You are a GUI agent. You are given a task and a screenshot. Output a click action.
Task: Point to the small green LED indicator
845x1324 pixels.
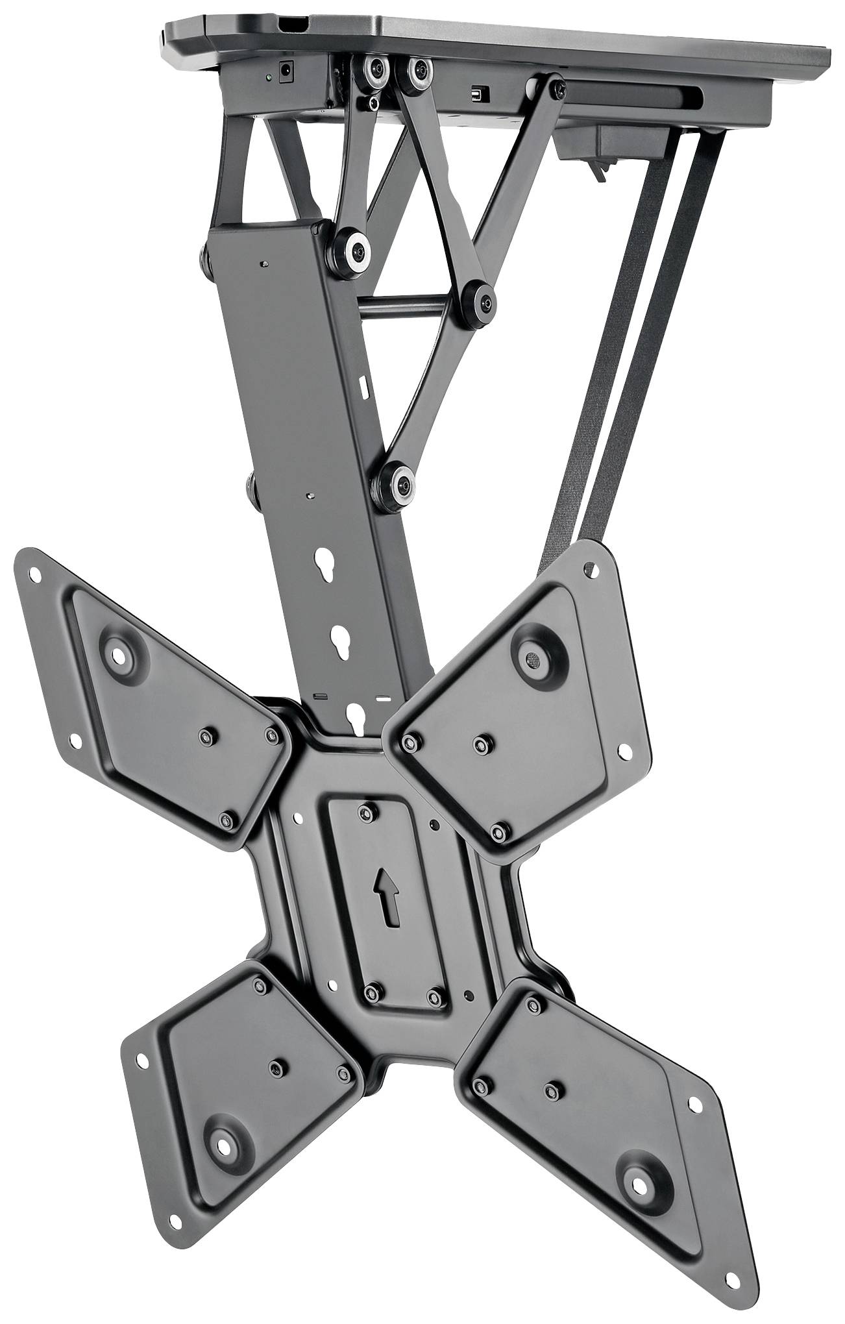click(267, 77)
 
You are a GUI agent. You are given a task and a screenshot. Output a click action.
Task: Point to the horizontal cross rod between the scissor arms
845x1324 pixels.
click(409, 300)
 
